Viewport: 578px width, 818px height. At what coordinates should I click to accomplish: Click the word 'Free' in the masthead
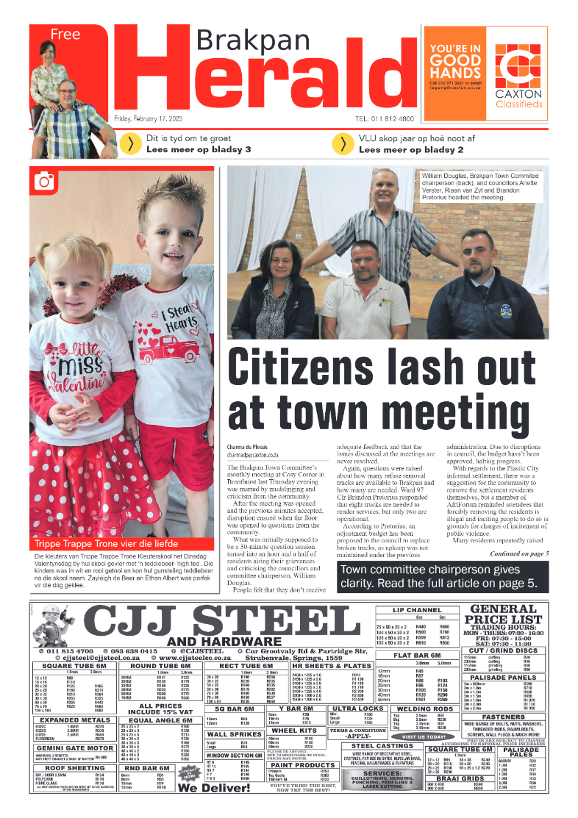tap(65, 34)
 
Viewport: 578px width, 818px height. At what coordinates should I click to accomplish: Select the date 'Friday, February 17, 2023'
tap(154, 118)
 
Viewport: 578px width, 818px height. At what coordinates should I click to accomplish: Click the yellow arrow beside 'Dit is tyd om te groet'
tap(131, 144)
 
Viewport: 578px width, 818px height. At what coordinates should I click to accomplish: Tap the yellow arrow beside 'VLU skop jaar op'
tap(343, 144)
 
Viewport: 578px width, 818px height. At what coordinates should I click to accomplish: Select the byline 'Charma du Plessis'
tap(247, 447)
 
